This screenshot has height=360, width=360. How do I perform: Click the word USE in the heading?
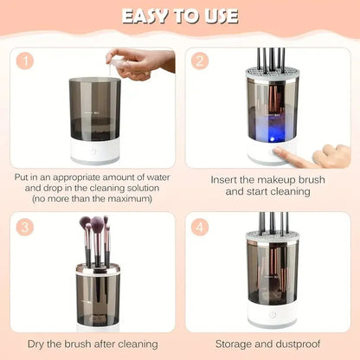point(217,16)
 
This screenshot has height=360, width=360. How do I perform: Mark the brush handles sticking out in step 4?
point(273,223)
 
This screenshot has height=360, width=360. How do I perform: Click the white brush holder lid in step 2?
point(273,73)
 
